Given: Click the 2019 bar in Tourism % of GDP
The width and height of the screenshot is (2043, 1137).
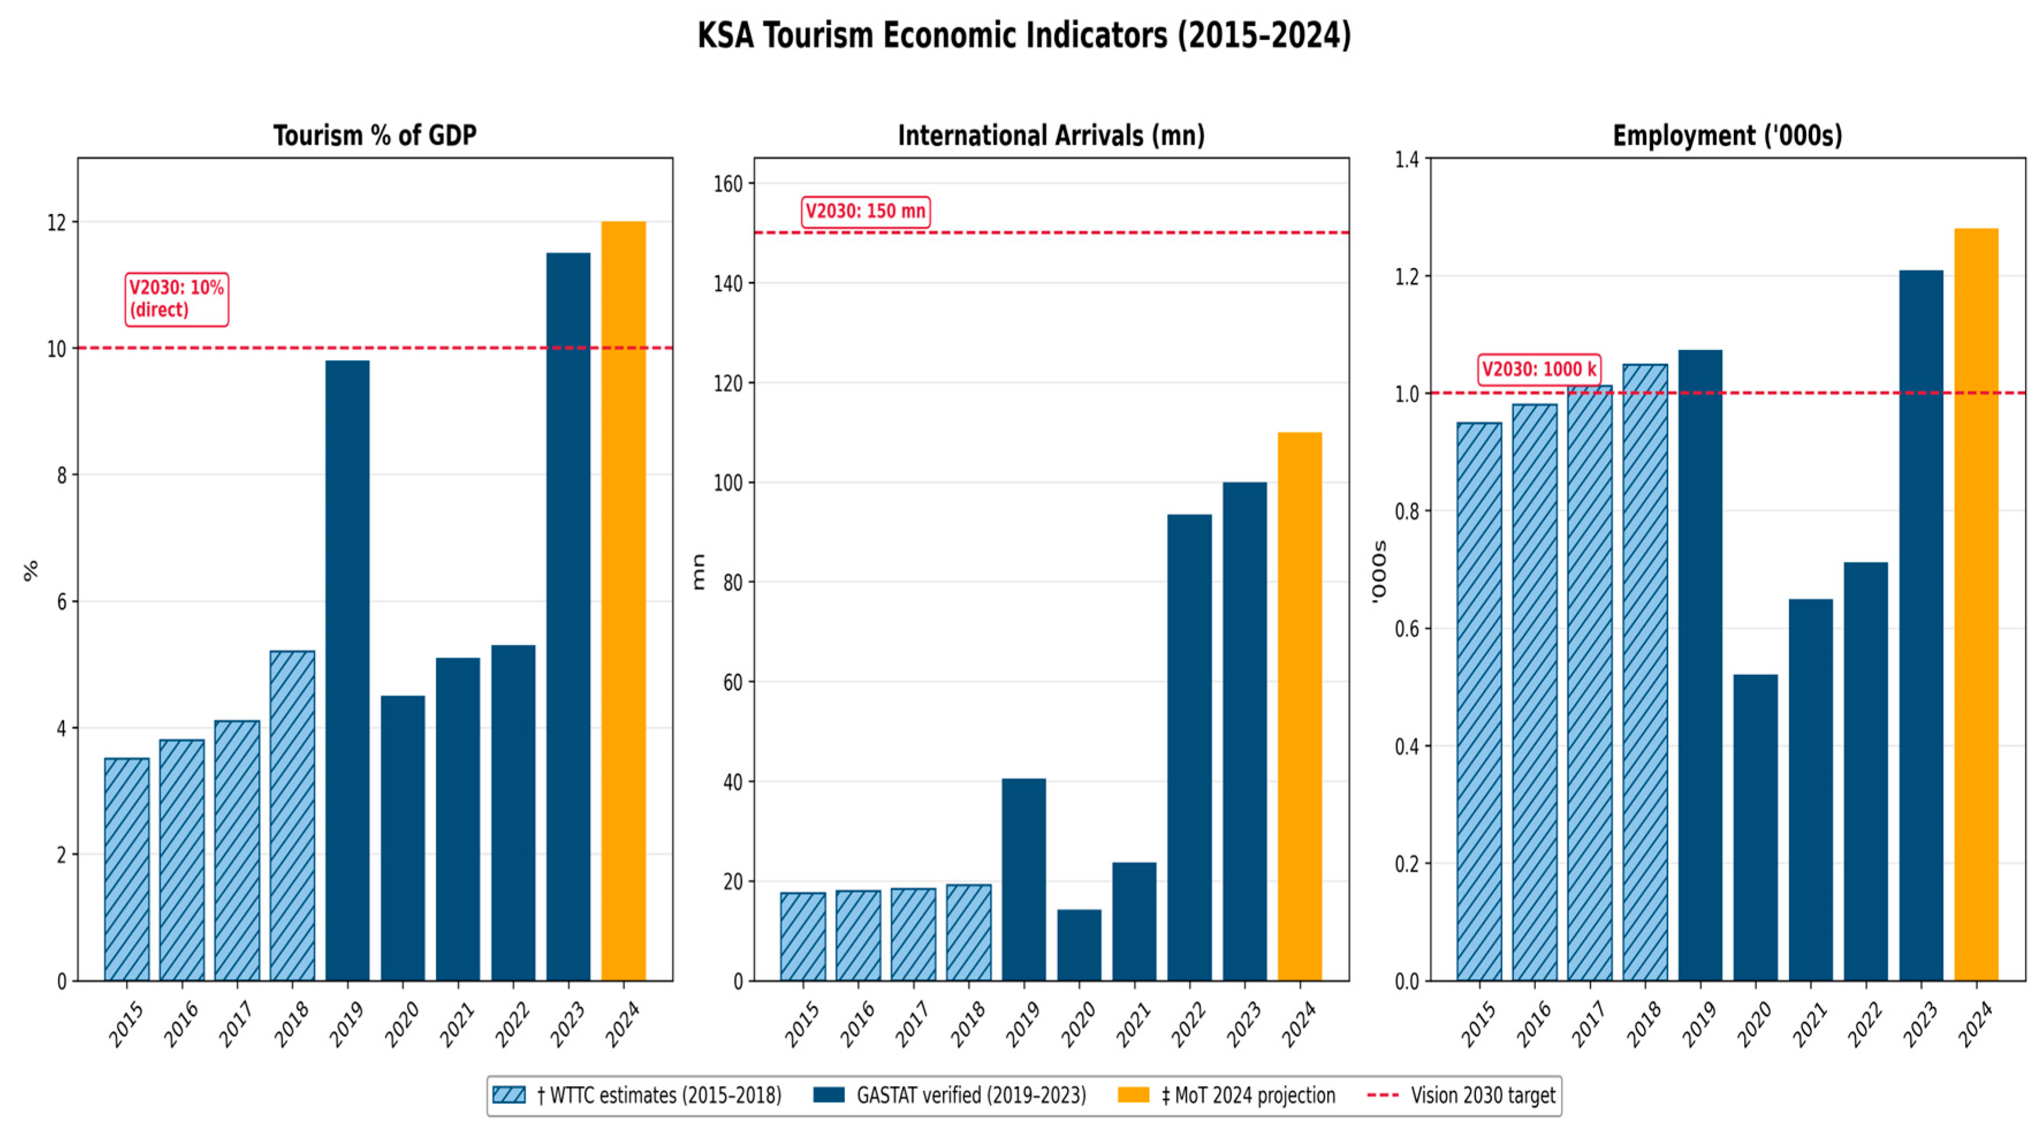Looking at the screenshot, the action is [x=347, y=671].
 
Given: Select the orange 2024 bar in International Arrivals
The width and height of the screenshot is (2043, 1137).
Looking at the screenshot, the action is [x=1300, y=707].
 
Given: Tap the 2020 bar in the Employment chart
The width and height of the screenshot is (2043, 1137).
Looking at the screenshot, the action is [x=1755, y=828].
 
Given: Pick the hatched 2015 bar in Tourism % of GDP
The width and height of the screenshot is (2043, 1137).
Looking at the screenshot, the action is [x=127, y=870].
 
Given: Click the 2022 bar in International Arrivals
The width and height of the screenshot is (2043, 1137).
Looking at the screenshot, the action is [x=1190, y=747].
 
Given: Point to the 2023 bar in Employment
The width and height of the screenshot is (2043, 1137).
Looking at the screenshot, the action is [x=1921, y=625].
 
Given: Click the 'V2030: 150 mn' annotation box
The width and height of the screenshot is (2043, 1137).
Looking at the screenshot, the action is [x=865, y=212].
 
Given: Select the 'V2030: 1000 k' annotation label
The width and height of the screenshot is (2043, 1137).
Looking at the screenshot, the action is [x=1539, y=369].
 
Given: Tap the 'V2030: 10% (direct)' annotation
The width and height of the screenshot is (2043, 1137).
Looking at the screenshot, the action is [x=177, y=299].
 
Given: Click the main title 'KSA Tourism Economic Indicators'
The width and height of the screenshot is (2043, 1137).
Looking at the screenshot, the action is [x=1024, y=36].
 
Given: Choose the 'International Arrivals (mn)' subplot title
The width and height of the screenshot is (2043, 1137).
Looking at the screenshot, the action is [x=1051, y=136].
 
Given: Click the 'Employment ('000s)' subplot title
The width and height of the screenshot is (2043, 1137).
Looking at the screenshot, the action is [x=1728, y=136].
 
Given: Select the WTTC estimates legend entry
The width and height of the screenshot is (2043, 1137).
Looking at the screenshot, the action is [x=637, y=1095].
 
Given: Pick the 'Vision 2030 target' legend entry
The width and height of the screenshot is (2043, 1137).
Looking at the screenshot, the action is [x=1461, y=1095].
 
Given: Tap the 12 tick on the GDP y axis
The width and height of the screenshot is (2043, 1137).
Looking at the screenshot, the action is [x=57, y=223].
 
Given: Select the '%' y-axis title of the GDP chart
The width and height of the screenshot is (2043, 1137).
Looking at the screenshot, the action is [x=32, y=570].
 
